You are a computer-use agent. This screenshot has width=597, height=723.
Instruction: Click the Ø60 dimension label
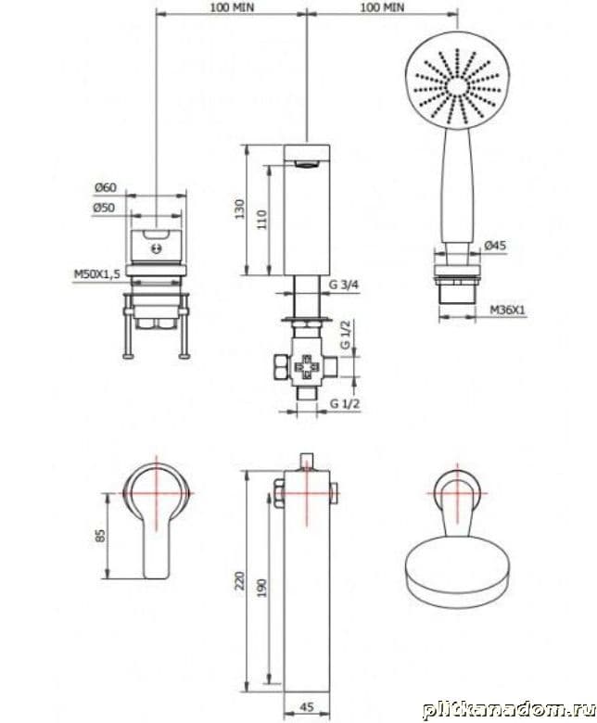tap(106, 187)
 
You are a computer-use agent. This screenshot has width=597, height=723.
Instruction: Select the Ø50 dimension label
tap(104, 208)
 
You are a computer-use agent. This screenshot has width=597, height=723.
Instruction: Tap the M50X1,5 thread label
tap(96, 274)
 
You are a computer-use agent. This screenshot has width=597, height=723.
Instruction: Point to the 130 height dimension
tap(240, 209)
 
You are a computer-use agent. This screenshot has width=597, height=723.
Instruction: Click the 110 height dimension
tap(262, 220)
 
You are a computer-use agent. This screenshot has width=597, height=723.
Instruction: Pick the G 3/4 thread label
tap(343, 285)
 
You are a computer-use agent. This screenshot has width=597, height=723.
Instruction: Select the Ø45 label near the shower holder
tap(495, 246)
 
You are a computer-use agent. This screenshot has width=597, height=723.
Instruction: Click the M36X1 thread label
tap(507, 311)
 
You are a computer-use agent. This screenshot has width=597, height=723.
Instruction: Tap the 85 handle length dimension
tap(100, 536)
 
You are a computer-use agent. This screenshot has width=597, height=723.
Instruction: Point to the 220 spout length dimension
tap(240, 581)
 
